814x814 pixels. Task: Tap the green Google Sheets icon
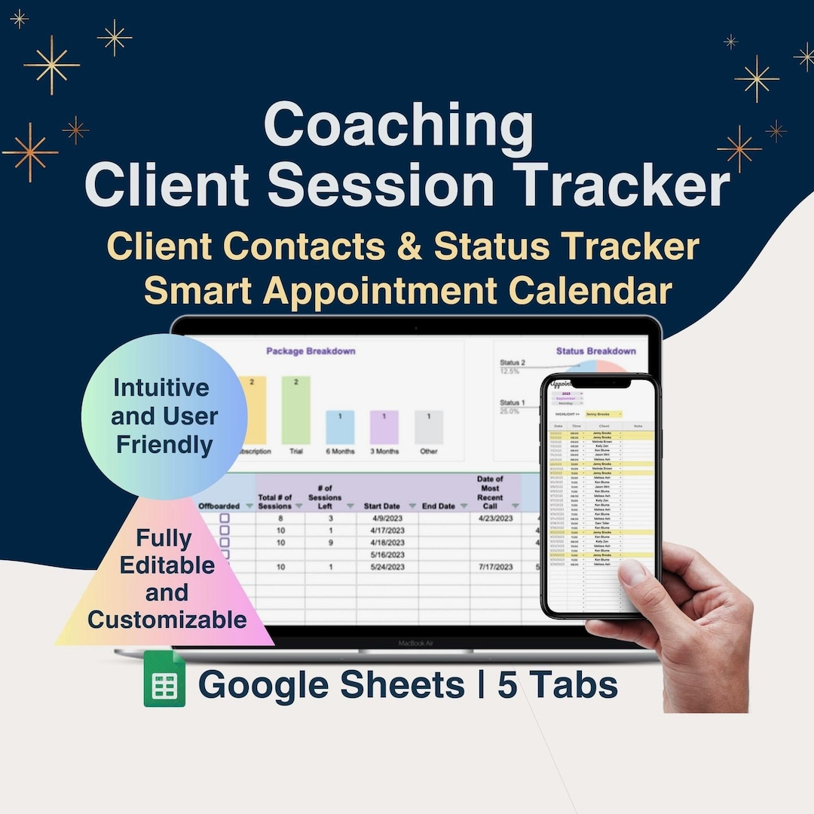tap(164, 679)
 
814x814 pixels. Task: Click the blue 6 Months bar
tap(340, 427)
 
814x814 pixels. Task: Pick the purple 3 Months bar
tap(384, 427)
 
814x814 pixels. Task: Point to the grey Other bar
tap(429, 427)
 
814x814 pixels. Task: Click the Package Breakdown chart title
tap(311, 351)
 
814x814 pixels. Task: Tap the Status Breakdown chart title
tap(595, 351)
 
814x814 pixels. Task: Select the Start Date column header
tap(382, 506)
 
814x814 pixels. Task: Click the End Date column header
tap(438, 506)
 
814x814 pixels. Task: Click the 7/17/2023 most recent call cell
tap(495, 567)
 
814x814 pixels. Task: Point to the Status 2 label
tap(513, 363)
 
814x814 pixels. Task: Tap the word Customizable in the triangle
tap(167, 620)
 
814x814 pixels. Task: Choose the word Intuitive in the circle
tap(161, 388)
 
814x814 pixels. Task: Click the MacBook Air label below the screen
tap(416, 643)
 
